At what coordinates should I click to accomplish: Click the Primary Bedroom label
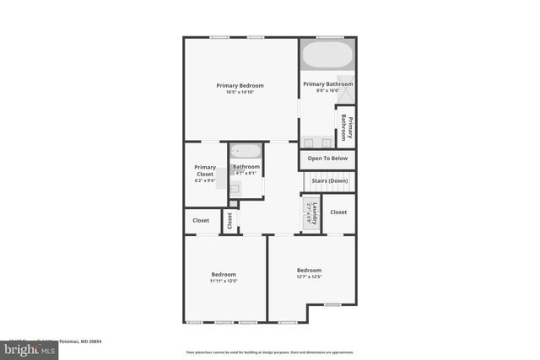(240, 85)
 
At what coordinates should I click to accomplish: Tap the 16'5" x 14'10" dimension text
(240, 92)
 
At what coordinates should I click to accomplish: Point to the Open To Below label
(327, 159)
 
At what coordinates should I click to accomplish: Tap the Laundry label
(314, 212)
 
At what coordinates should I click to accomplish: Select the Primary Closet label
(205, 170)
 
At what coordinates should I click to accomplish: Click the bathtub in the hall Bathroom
(246, 152)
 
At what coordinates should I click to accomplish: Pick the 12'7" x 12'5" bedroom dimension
(309, 277)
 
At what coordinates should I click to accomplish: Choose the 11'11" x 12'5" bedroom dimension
(224, 281)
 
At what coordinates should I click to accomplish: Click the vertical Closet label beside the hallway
(229, 220)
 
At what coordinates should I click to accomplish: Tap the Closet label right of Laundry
(338, 212)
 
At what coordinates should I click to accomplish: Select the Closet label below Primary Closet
(201, 220)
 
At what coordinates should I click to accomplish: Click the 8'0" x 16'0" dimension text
(327, 91)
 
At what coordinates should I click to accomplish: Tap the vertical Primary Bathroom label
(344, 129)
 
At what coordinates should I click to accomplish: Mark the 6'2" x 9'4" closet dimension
(205, 180)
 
